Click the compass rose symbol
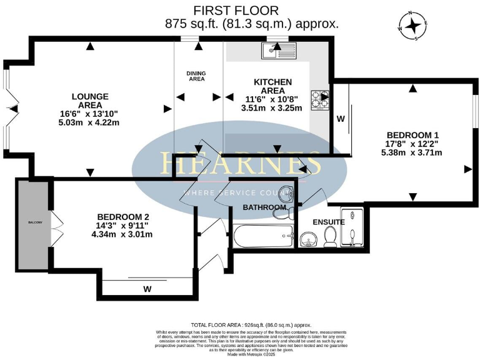[414, 26]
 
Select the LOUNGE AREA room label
[90, 101]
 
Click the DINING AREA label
[196, 76]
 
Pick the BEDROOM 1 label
[414, 135]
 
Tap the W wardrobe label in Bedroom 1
[341, 118]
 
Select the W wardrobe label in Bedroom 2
[147, 289]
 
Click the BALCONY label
[34, 222]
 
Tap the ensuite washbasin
[307, 239]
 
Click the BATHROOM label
[264, 207]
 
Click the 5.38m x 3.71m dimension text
[414, 153]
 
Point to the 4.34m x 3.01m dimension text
[121, 234]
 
